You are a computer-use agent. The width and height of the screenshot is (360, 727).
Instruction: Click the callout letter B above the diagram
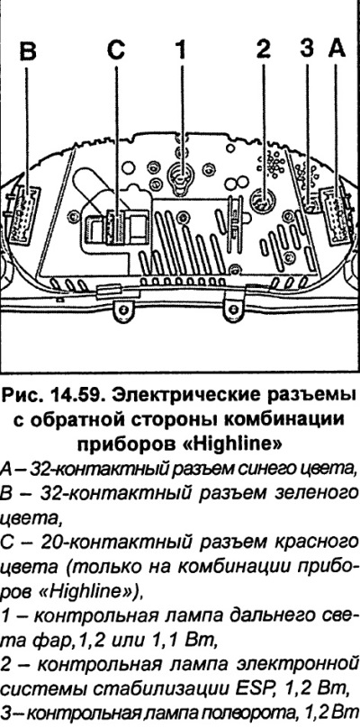(x=28, y=50)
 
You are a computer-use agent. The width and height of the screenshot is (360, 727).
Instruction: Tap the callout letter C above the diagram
(x=115, y=50)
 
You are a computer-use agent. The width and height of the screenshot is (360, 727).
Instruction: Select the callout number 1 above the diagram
(x=182, y=50)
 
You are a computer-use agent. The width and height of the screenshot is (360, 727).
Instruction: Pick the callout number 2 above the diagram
(x=263, y=50)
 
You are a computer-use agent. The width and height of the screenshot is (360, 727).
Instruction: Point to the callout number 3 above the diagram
(x=306, y=49)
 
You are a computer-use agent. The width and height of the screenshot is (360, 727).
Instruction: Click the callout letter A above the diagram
(x=337, y=49)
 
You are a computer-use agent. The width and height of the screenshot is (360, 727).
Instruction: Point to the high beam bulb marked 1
(x=181, y=177)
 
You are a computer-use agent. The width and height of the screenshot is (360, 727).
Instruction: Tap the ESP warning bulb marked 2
(x=263, y=201)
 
